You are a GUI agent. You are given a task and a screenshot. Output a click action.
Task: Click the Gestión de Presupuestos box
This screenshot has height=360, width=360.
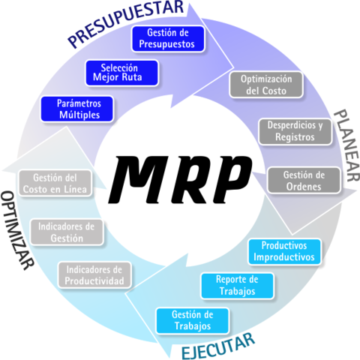(168, 39)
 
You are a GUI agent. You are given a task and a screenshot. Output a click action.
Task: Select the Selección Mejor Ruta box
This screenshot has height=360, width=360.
(122, 73)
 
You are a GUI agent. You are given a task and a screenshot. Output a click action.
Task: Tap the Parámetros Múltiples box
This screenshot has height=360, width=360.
(77, 109)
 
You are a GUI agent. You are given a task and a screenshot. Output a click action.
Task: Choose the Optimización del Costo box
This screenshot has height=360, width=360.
(266, 85)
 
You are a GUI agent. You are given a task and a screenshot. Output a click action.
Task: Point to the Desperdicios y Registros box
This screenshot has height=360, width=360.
(295, 131)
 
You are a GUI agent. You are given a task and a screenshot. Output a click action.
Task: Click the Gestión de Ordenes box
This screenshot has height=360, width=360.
(304, 180)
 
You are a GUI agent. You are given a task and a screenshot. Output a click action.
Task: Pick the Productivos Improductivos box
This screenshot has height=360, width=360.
(284, 251)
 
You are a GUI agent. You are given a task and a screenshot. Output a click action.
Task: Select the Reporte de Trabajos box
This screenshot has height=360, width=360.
(237, 286)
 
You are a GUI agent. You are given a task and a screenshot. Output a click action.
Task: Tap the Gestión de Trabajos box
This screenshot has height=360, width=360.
(193, 321)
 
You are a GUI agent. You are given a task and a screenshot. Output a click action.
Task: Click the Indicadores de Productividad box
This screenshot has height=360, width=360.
(94, 275)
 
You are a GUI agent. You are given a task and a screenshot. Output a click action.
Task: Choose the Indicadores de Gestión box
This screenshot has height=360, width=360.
(67, 232)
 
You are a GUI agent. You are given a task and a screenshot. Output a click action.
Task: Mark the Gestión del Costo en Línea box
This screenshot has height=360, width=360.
(55, 183)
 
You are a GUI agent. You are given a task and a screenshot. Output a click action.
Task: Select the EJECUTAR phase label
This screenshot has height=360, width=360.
(218, 346)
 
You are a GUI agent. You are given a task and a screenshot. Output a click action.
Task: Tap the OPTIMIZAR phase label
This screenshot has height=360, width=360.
(16, 230)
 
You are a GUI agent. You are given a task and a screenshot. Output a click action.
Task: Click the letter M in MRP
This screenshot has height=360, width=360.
(138, 179)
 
